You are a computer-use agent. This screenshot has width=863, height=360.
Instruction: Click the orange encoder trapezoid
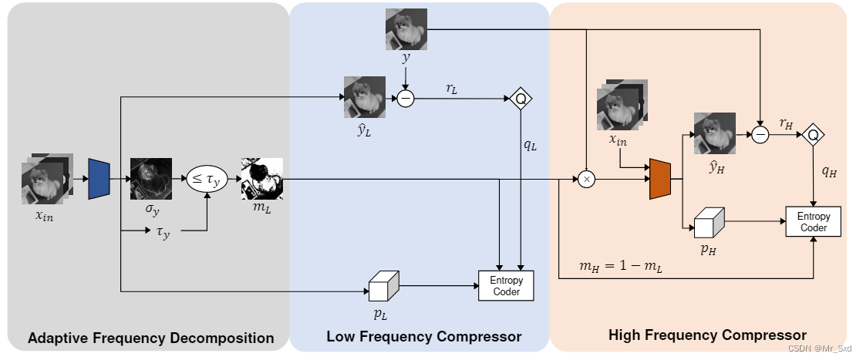tap(661, 179)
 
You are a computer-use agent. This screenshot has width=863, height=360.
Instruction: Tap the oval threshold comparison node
tap(206, 180)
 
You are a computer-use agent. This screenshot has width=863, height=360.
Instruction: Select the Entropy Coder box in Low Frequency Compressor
tap(505, 286)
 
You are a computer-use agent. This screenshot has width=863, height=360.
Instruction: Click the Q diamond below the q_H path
tap(812, 135)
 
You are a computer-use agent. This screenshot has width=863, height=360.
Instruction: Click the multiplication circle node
tap(586, 179)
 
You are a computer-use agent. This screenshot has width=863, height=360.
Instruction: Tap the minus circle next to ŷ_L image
tap(406, 98)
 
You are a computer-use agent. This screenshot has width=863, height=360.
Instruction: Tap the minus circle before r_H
tap(760, 135)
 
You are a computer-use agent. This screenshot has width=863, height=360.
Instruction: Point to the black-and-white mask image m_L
tap(262, 179)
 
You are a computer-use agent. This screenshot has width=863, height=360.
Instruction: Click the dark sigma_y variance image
tap(150, 179)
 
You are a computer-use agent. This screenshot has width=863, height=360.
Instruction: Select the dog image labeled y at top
tap(406, 30)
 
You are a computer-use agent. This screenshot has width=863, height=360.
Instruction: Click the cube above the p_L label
tap(381, 288)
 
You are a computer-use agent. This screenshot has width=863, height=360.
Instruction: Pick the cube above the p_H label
tap(707, 225)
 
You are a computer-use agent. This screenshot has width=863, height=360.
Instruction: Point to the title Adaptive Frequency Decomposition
tap(150, 338)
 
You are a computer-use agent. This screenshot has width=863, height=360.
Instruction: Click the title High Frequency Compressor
tap(706, 335)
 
